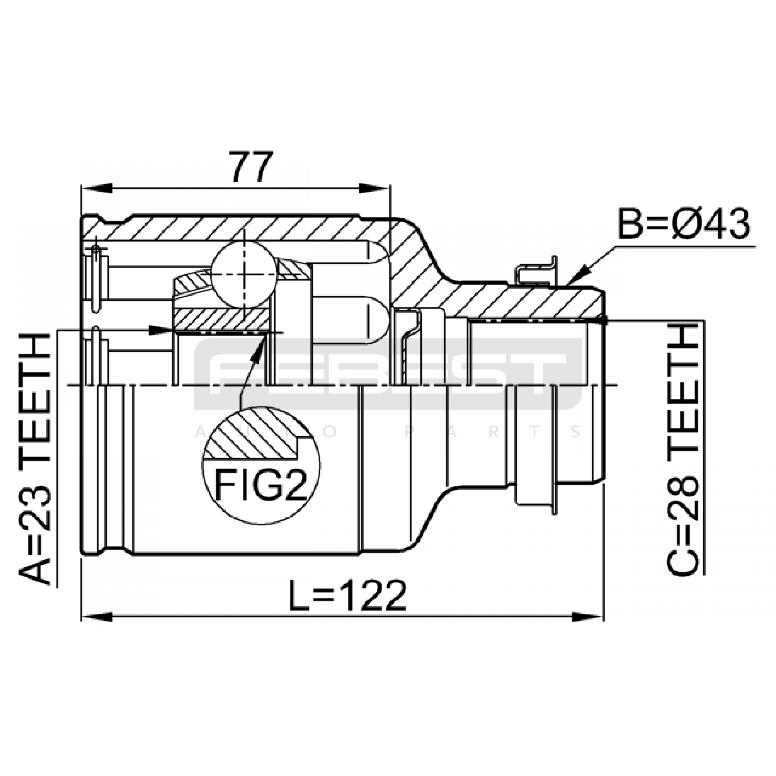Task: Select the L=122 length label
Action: pyautogui.click(x=347, y=595)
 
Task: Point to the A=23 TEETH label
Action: pyautogui.click(x=35, y=458)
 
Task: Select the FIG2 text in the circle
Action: pyautogui.click(x=260, y=485)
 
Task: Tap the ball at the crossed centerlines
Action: pyautogui.click(x=244, y=275)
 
